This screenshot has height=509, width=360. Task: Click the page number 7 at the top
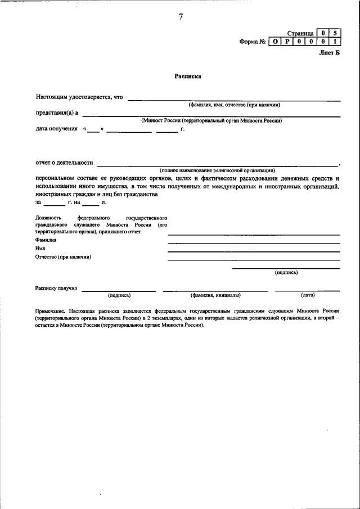181,16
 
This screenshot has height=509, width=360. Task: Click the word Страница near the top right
300,33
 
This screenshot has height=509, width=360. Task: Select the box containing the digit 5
335,33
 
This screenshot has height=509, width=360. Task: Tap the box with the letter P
286,42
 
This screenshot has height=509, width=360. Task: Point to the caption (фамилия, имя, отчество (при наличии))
234,105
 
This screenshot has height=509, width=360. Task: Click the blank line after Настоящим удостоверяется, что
234,99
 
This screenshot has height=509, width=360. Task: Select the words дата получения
56,129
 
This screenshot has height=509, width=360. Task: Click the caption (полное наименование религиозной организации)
217,170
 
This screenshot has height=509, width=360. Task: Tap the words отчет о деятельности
64,163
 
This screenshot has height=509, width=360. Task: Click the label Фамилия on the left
46,240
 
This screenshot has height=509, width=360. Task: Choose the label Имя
40,248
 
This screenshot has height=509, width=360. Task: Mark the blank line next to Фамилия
254,243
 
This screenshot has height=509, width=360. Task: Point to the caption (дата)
307,295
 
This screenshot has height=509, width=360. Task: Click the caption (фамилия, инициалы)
215,295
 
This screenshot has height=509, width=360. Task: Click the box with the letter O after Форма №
274,42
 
